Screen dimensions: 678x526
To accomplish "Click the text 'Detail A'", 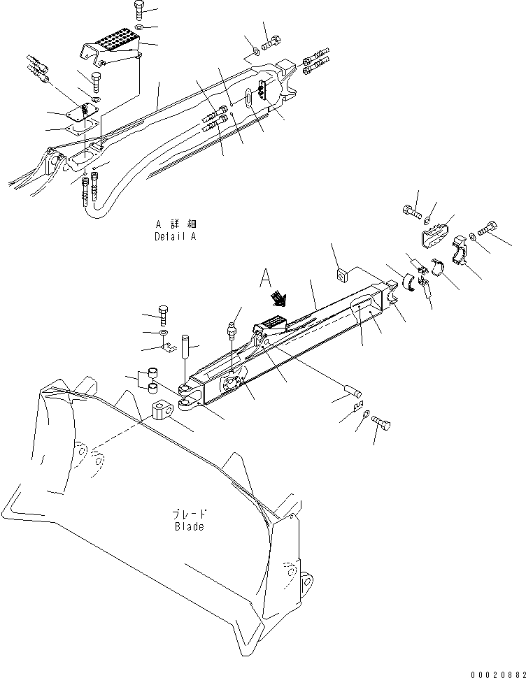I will [x=176, y=236].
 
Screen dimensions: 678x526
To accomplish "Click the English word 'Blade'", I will [x=190, y=526].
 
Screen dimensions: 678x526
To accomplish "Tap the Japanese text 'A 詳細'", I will [x=176, y=224].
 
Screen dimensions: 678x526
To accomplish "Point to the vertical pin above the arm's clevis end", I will [x=187, y=346].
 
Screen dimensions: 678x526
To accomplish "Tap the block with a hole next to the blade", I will [x=164, y=412].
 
